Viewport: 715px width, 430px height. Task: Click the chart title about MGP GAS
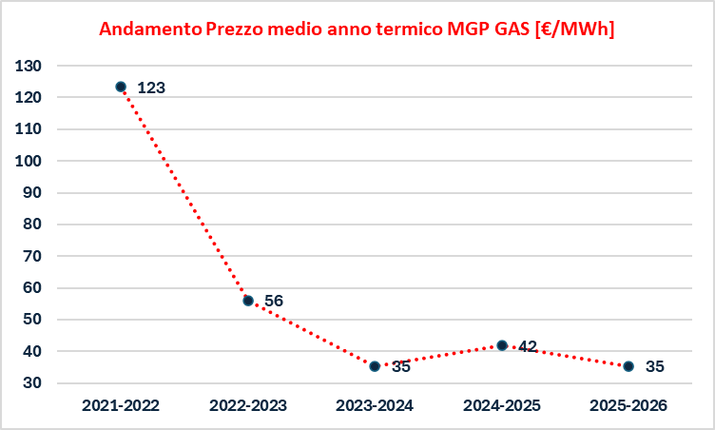(357, 29)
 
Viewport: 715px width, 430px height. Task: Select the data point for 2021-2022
(121, 87)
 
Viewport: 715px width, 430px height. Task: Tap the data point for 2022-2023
(248, 300)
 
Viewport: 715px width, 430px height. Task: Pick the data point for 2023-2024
(375, 365)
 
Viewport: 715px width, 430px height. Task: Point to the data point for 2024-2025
(502, 344)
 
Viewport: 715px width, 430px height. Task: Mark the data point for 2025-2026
(628, 365)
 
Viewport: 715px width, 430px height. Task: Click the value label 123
(151, 88)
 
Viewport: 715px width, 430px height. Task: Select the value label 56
(274, 301)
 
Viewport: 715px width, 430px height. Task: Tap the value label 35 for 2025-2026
(655, 366)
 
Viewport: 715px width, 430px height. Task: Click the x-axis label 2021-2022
(121, 405)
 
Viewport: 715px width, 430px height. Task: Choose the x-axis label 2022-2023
(248, 405)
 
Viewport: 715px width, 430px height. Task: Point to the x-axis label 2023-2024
(375, 405)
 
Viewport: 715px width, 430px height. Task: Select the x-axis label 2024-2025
(502, 405)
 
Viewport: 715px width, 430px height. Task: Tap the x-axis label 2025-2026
(628, 405)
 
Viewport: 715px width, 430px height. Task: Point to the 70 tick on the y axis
(32, 256)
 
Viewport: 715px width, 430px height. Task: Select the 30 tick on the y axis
(32, 383)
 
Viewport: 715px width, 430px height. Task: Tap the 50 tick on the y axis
(32, 320)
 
